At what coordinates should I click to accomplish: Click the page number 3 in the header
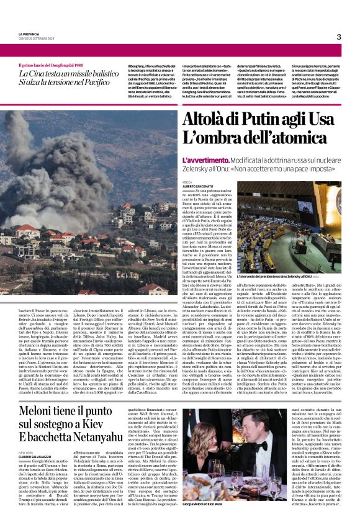(339, 37)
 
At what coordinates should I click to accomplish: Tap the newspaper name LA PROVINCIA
(29, 33)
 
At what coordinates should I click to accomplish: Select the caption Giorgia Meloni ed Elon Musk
(202, 520)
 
